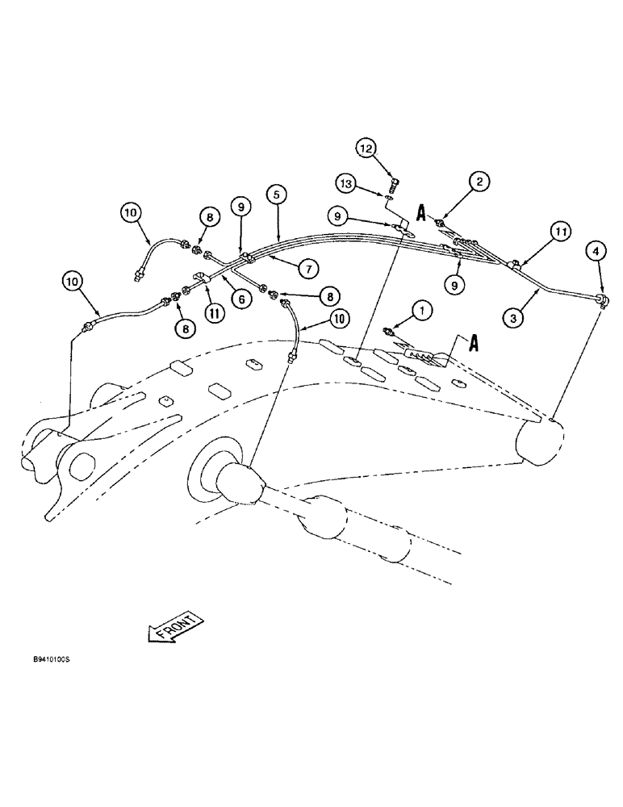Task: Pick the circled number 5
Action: (x=277, y=194)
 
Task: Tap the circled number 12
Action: (x=368, y=148)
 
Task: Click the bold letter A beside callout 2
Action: (x=421, y=211)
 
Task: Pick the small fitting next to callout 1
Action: (x=393, y=331)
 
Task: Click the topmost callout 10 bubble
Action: (x=132, y=214)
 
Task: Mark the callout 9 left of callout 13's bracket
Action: (x=340, y=215)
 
